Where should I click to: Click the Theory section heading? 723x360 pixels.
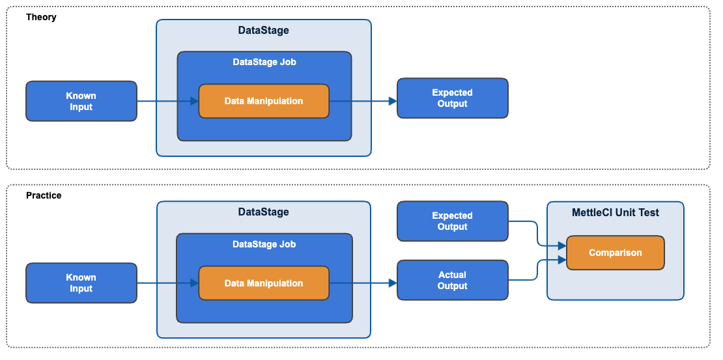(x=41, y=17)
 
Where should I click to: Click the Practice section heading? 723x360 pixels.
(x=44, y=195)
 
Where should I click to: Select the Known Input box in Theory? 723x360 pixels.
(x=81, y=101)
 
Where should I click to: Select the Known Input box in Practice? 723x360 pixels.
(x=81, y=283)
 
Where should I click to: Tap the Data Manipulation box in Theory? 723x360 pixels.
(x=264, y=101)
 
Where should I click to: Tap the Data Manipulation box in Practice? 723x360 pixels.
(x=264, y=283)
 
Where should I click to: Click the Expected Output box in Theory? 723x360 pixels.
(x=452, y=98)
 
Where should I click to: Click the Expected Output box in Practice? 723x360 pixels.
(x=452, y=221)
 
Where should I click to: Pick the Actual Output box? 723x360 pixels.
(x=452, y=280)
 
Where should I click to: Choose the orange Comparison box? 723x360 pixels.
(x=615, y=253)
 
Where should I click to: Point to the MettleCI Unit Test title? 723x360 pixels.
(x=615, y=212)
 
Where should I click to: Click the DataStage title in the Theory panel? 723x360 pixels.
(x=264, y=30)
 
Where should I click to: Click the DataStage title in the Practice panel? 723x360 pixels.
(x=264, y=212)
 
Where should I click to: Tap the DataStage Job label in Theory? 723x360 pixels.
(x=264, y=62)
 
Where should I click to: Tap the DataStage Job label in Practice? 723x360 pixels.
(x=264, y=244)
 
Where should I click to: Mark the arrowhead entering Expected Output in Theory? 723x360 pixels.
(x=393, y=101)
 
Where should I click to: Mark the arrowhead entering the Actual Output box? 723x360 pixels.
(x=393, y=283)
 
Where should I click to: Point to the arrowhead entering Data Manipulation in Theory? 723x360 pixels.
(x=194, y=101)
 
